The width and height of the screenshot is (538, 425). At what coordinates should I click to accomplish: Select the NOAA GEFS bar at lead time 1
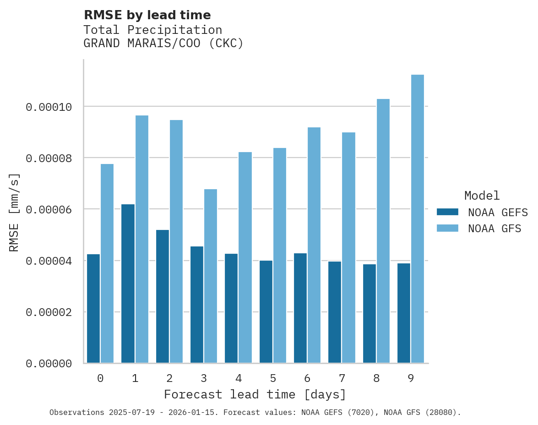click(x=128, y=283)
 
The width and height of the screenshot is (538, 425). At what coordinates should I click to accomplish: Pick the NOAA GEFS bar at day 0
click(x=93, y=309)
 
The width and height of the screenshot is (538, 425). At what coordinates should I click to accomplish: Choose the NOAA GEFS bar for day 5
click(x=266, y=312)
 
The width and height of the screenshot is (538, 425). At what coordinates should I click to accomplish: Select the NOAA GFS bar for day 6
click(x=314, y=245)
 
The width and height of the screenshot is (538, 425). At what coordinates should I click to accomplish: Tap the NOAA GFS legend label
click(x=495, y=229)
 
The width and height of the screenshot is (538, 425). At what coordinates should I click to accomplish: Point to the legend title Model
click(x=482, y=196)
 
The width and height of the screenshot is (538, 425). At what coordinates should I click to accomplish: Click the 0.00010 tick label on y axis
click(x=49, y=107)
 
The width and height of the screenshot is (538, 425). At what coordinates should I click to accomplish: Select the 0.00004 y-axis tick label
click(x=49, y=261)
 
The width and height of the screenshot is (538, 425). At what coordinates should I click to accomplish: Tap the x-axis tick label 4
click(x=239, y=379)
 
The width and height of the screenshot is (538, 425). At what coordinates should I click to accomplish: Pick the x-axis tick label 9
click(x=411, y=379)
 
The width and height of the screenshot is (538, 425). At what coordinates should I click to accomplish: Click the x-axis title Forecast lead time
click(x=255, y=394)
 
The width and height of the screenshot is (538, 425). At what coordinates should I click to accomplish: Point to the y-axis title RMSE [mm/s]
click(x=14, y=212)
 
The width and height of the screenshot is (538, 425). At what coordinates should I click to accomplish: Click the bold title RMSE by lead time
click(x=147, y=15)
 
